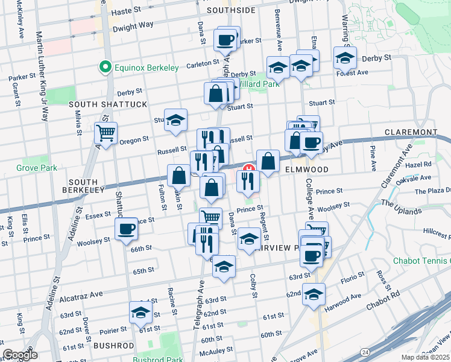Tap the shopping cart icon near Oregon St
point(106,133)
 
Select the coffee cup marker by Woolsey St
point(127,230)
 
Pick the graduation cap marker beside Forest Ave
point(345,59)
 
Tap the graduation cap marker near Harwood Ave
point(314,294)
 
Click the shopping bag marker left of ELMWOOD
point(268,161)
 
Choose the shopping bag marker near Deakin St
point(178,176)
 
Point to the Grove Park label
point(36,167)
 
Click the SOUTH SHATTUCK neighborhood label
point(108,104)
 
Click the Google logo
point(20,355)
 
